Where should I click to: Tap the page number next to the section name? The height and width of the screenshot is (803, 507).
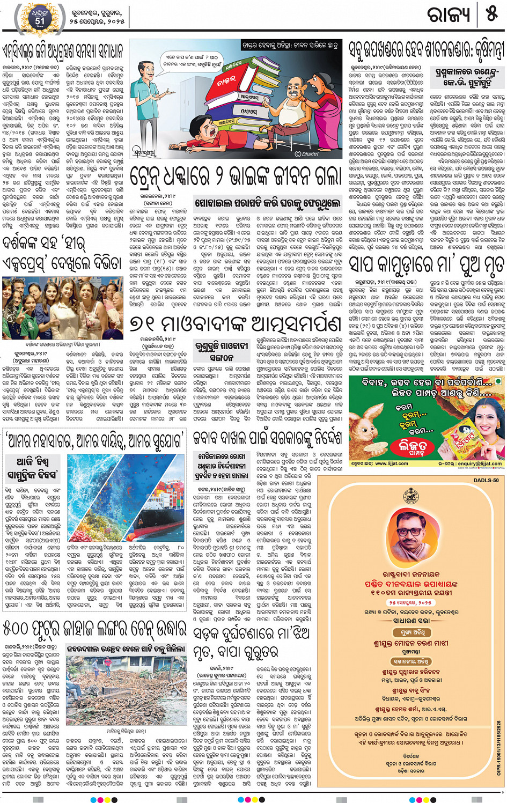pos(492,14)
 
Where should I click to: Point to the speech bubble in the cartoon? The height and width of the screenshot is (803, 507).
pos(192,61)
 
